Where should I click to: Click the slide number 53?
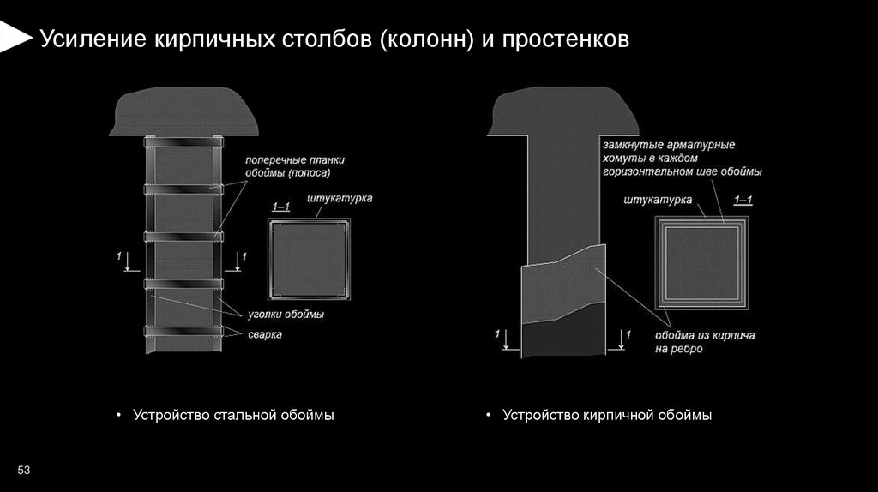23,469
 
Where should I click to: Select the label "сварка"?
266,334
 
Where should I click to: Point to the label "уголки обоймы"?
286,315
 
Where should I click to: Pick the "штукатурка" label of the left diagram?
340,198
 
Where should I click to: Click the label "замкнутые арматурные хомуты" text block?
682,159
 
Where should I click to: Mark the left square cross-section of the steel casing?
308,259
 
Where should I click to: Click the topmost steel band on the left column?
182,141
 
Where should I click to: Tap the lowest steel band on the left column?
182,331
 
